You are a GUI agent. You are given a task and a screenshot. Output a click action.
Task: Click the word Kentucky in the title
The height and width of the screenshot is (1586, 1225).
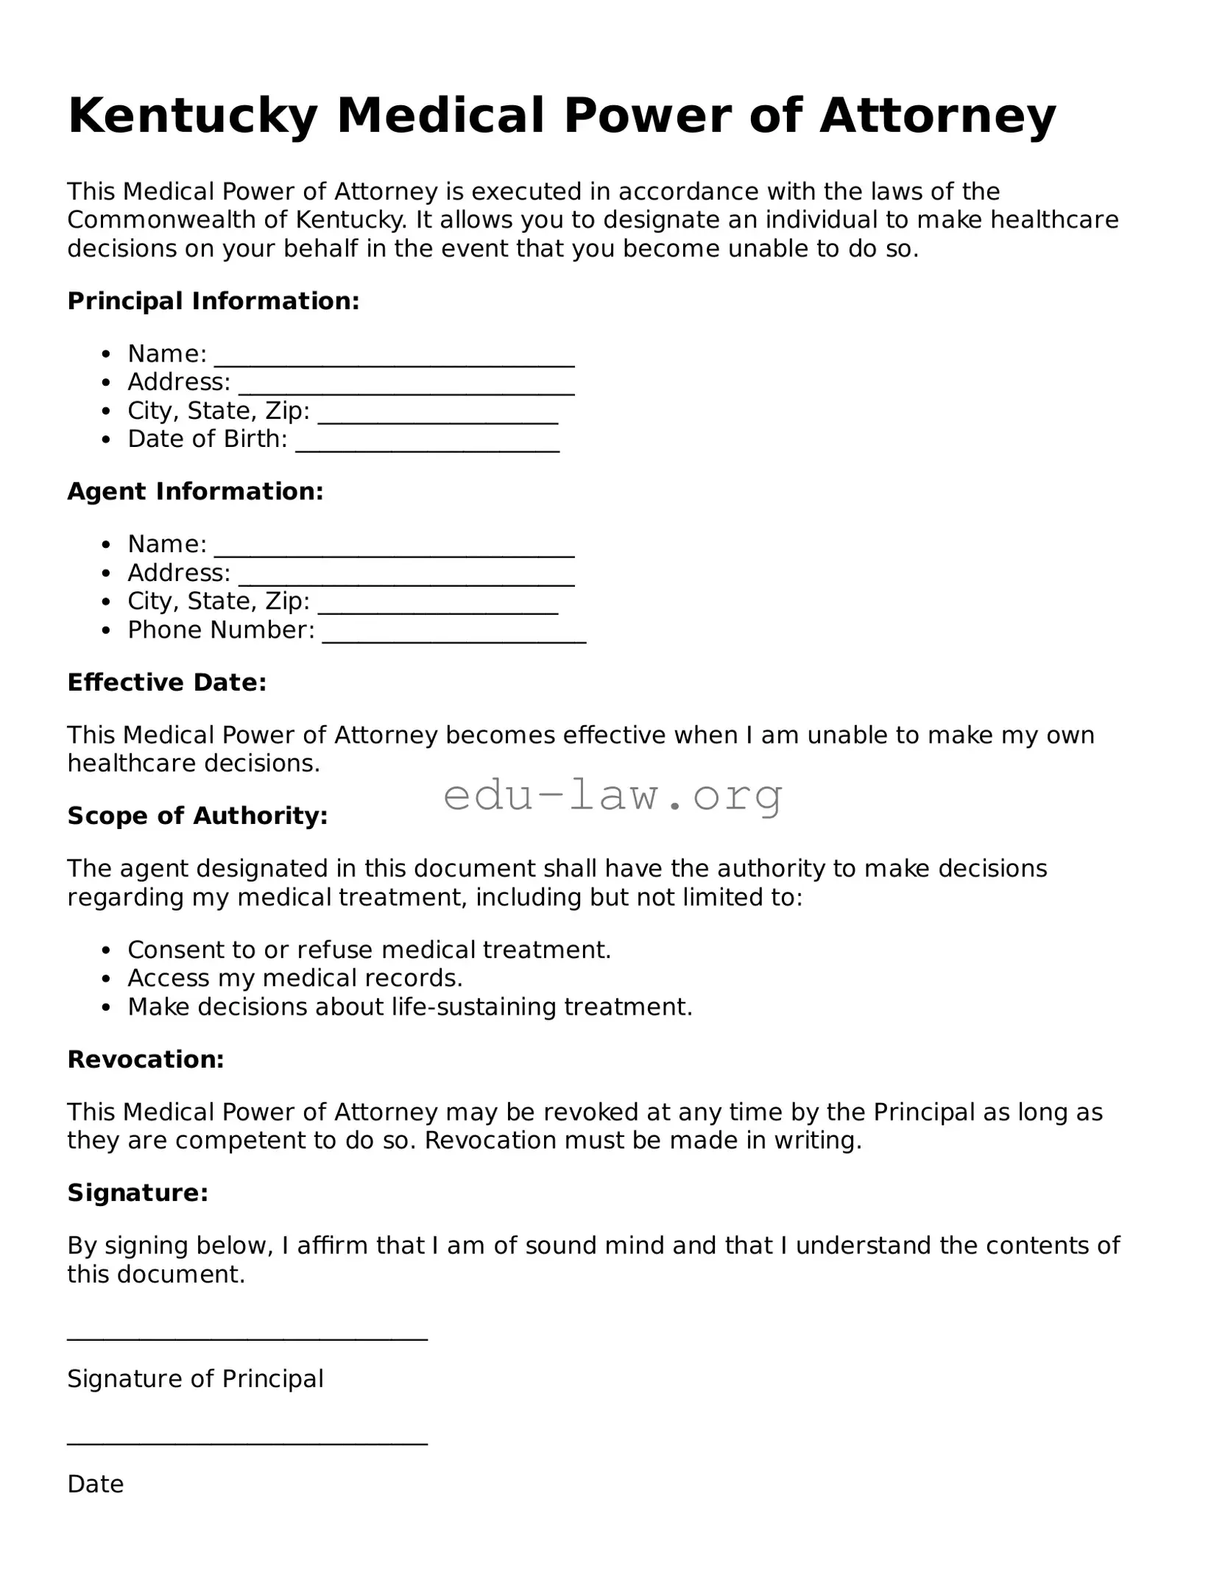(192, 116)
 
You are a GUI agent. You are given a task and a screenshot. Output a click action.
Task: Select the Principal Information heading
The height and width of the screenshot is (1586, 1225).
(213, 300)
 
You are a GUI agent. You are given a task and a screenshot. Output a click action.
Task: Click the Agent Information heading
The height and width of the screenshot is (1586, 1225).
(195, 491)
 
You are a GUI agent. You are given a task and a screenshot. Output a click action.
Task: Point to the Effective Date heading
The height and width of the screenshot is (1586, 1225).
(167, 683)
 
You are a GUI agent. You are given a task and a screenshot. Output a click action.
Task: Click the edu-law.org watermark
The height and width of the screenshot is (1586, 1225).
(612, 795)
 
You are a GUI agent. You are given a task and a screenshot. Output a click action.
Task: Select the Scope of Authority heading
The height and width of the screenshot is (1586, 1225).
(197, 816)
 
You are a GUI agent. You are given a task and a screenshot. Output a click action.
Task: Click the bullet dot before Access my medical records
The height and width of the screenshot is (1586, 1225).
(107, 979)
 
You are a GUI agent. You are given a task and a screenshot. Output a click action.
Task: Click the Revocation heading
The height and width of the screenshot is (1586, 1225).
(146, 1060)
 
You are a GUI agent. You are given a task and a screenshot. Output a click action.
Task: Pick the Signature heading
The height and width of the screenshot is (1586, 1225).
(138, 1193)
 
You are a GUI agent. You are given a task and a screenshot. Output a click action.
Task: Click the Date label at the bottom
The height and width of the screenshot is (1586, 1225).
(95, 1484)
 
